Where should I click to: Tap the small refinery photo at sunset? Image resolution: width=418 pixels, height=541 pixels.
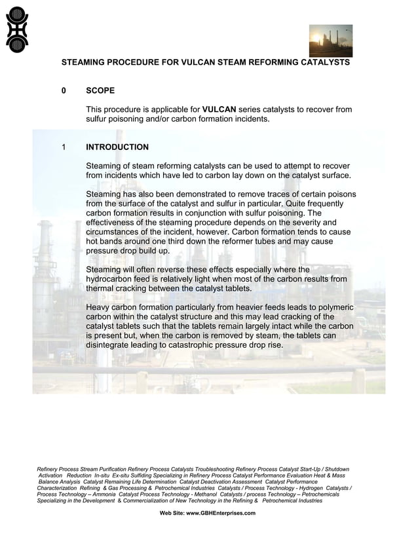coord(330,41)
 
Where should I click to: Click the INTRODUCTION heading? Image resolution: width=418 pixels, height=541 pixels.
coord(117,147)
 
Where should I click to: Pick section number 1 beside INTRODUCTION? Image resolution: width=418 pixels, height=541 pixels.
coord(64,147)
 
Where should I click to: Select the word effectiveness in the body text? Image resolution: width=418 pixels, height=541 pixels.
coord(113,223)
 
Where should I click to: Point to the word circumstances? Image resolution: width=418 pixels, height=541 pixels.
coord(116,232)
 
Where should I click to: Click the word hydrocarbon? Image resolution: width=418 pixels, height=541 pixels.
coord(112,279)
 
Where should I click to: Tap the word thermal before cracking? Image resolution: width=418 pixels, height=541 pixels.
coord(101,288)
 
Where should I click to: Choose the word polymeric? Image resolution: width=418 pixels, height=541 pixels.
coord(333,307)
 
